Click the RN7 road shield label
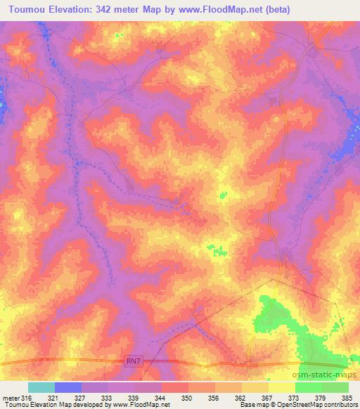pos(133,361)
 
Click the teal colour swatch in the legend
pos(41,387)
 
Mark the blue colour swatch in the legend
pos(68,387)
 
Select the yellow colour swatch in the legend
pos(282,387)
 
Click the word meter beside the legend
pos(10,397)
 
